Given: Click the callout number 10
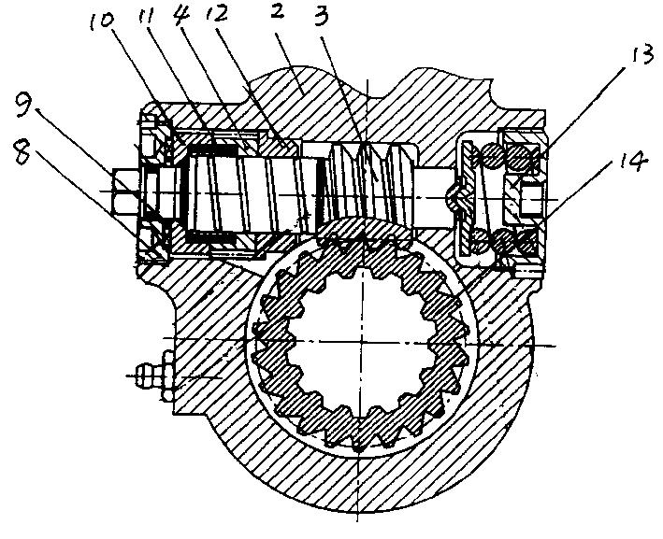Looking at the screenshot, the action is [x=102, y=20].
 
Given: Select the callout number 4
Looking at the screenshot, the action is [x=182, y=15].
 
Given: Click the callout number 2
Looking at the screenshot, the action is [x=277, y=12].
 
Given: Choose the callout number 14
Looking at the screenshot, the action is [x=634, y=160].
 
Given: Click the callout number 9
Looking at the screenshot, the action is [x=24, y=106].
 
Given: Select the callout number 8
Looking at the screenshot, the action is [x=22, y=152].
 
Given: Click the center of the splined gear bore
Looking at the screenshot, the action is [x=362, y=341].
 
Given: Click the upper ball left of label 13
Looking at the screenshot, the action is [x=491, y=156].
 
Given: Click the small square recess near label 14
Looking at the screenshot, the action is [x=532, y=200].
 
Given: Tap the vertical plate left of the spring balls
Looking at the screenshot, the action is [x=464, y=199].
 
